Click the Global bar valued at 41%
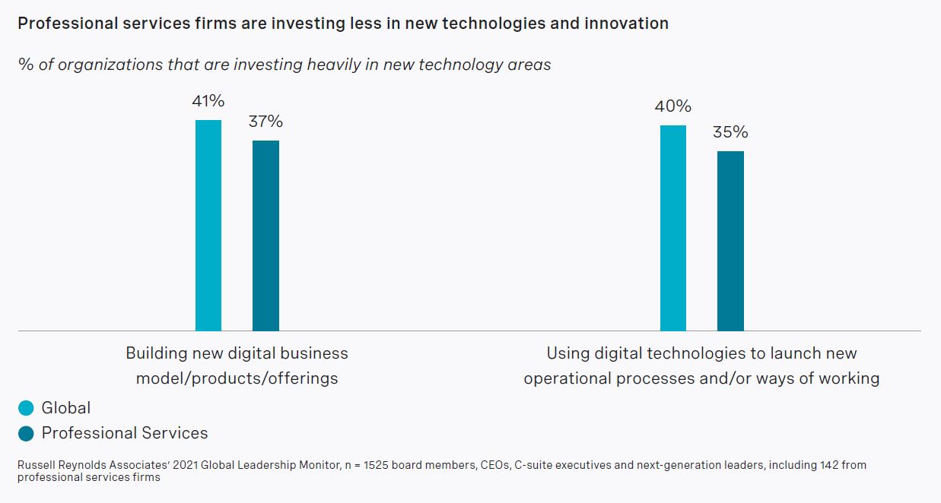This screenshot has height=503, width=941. (x=208, y=225)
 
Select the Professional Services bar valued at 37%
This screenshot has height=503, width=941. (x=265, y=236)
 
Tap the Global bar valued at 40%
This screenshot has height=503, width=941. (x=672, y=228)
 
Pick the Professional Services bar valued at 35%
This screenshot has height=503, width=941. (x=730, y=241)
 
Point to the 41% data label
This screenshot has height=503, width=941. (x=208, y=102)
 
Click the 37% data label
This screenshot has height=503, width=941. (x=265, y=122)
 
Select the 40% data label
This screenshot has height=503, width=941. (x=672, y=106)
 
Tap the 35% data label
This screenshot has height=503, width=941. (x=730, y=132)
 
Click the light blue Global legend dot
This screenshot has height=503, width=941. (x=27, y=409)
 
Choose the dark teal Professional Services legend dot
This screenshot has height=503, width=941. (x=27, y=434)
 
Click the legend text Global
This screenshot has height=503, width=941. (x=66, y=408)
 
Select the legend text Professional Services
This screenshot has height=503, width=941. (x=125, y=433)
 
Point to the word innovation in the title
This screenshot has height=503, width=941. (x=626, y=24)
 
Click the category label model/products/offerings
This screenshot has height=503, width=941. (x=237, y=378)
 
